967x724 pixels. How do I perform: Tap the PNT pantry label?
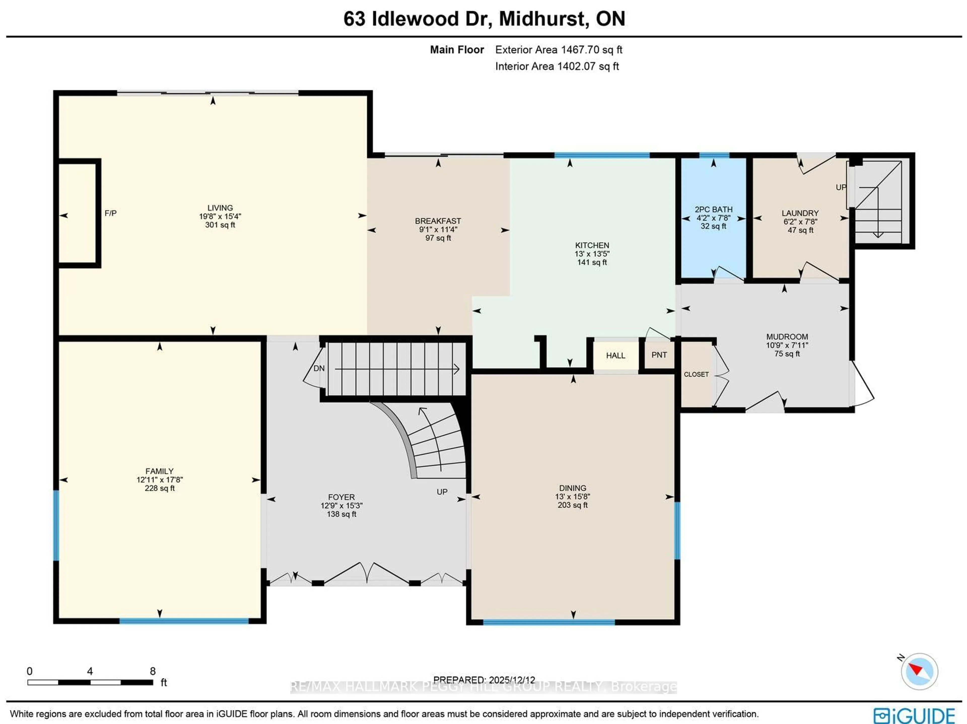tap(659, 355)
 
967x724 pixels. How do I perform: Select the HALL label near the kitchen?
tap(615, 355)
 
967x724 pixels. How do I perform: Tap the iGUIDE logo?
tap(914, 716)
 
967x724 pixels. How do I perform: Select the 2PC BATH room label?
tap(713, 210)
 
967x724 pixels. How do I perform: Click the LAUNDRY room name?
tap(800, 213)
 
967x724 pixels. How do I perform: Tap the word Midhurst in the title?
tap(541, 19)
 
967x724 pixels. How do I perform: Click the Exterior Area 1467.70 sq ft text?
tap(558, 50)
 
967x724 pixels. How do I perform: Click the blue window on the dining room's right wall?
tap(677, 531)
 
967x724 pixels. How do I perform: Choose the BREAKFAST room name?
tap(438, 221)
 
